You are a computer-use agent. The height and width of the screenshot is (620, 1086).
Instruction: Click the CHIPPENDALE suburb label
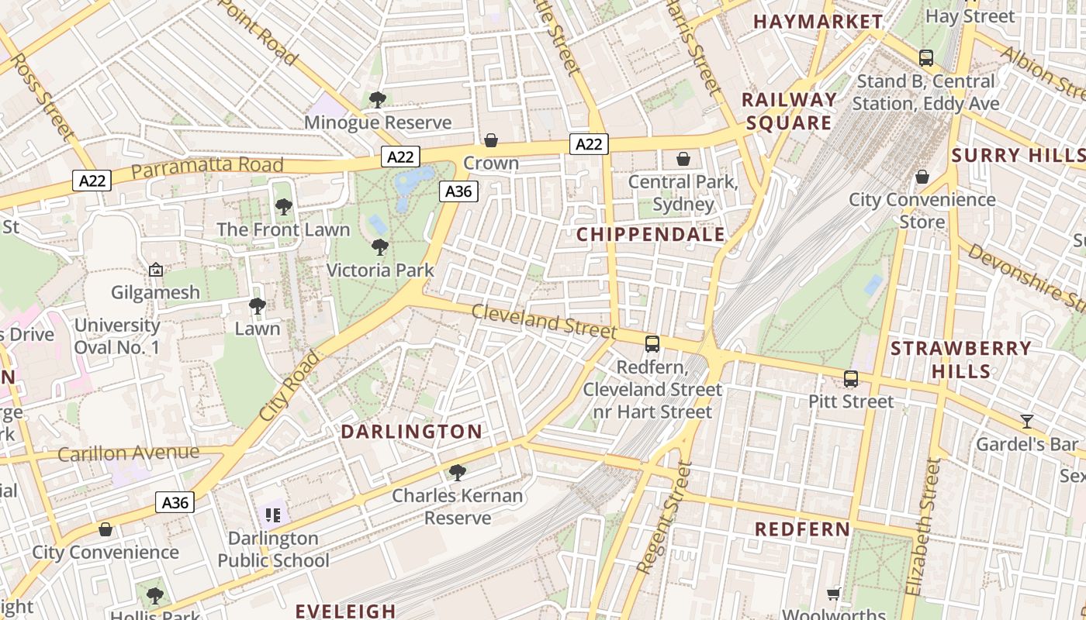click(651, 235)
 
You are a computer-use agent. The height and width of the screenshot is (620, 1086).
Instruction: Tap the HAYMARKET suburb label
click(818, 22)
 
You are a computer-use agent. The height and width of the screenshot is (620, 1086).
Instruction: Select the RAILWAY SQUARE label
click(789, 111)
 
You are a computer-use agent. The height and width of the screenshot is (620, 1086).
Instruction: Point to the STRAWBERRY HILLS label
click(960, 360)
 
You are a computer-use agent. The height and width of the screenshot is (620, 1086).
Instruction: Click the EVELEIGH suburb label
click(346, 611)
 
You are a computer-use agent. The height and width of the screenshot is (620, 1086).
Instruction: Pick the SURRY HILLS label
click(1018, 155)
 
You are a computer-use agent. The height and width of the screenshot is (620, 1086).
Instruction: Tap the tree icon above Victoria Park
click(380, 247)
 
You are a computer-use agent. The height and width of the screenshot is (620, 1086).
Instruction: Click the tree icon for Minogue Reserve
click(378, 99)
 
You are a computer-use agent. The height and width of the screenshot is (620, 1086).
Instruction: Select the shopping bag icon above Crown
click(491, 140)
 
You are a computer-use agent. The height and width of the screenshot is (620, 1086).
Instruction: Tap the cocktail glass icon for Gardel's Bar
click(1027, 422)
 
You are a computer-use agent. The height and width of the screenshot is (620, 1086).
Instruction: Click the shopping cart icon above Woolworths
click(834, 594)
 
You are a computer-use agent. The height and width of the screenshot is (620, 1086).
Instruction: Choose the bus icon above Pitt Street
click(851, 379)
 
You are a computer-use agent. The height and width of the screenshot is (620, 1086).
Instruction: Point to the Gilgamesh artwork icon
click(155, 270)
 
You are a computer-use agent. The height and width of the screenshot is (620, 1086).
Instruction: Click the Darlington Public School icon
click(272, 515)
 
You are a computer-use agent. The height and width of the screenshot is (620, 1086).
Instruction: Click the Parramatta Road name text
click(207, 167)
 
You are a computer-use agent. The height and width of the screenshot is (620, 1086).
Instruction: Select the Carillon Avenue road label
click(128, 453)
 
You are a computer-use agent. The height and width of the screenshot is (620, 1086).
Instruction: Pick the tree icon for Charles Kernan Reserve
click(458, 472)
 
